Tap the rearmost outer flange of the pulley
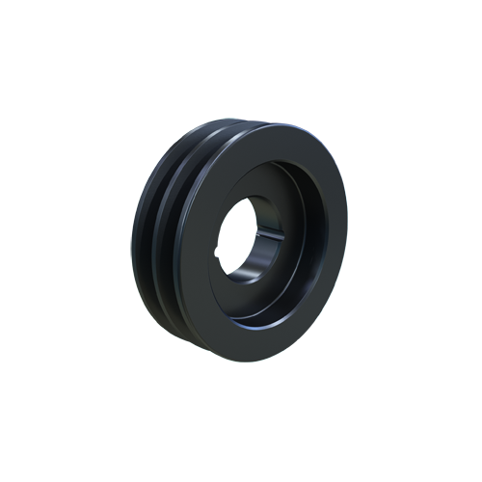[136, 241]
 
